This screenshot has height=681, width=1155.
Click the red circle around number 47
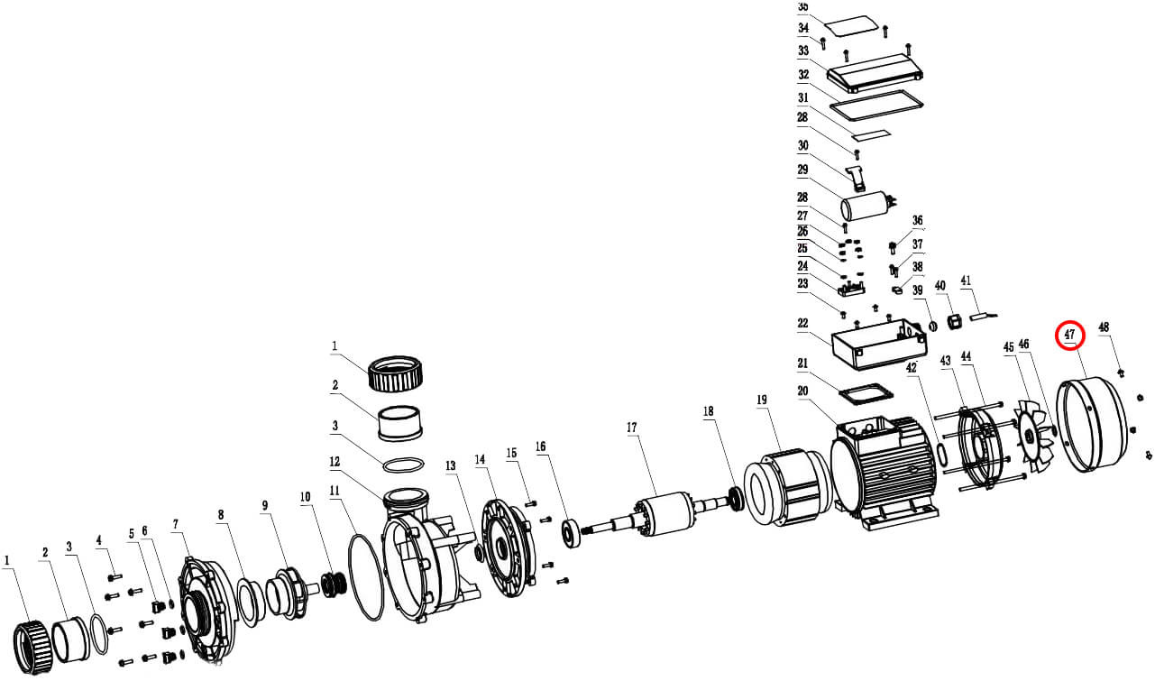[x=1070, y=335]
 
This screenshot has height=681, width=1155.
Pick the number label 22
[x=802, y=324]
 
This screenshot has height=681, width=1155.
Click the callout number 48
[x=1103, y=327]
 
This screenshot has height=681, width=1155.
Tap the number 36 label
[x=918, y=221]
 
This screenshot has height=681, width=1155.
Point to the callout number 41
[x=966, y=281]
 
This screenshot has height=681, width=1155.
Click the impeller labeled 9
[x=286, y=591]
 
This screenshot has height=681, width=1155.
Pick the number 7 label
[x=176, y=524]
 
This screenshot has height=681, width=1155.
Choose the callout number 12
[x=335, y=462]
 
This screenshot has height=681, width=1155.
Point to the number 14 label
[x=481, y=460]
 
